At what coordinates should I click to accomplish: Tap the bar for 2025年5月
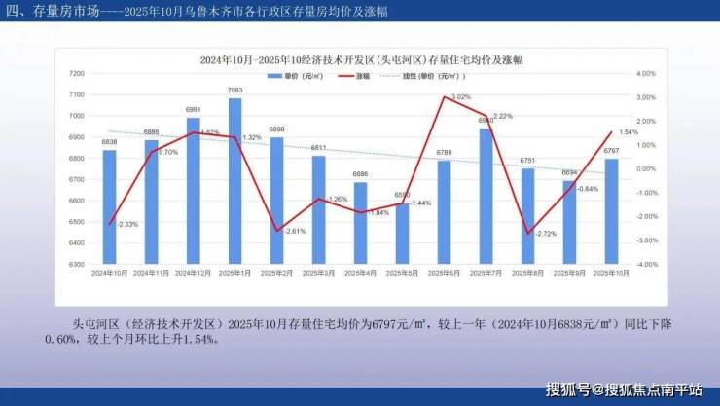pos(402,233)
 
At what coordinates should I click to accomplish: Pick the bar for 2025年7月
pos(486,196)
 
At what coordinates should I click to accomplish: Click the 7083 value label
pos(234,91)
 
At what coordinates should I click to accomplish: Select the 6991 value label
pos(193,110)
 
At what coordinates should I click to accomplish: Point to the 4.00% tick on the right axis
pos(646,74)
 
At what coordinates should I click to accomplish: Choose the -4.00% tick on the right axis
pos(646,264)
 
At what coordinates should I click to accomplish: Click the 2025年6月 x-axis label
pos(444,273)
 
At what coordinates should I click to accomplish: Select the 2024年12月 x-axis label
pos(193,273)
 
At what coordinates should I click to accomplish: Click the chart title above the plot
pos(361,59)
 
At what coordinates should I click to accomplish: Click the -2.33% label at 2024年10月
pos(127,225)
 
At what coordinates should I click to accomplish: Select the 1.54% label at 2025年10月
pos(628,132)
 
